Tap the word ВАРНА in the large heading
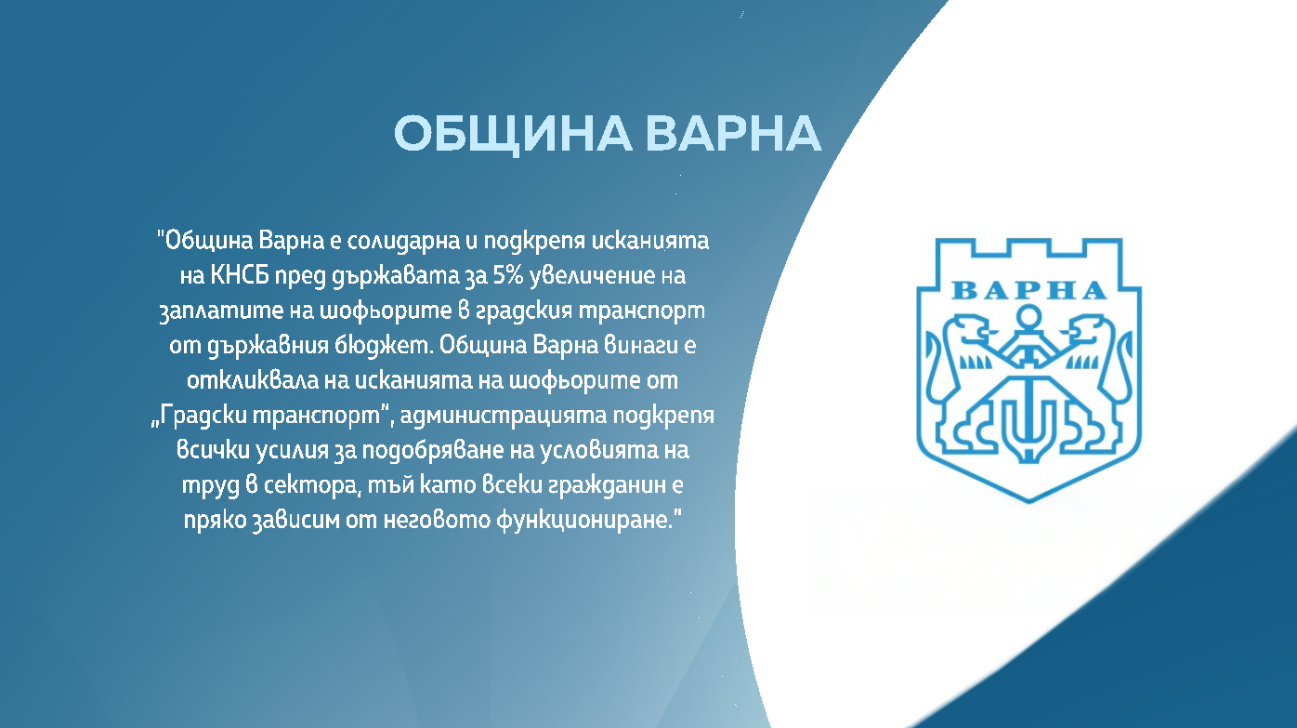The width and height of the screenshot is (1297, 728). pos(734,135)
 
